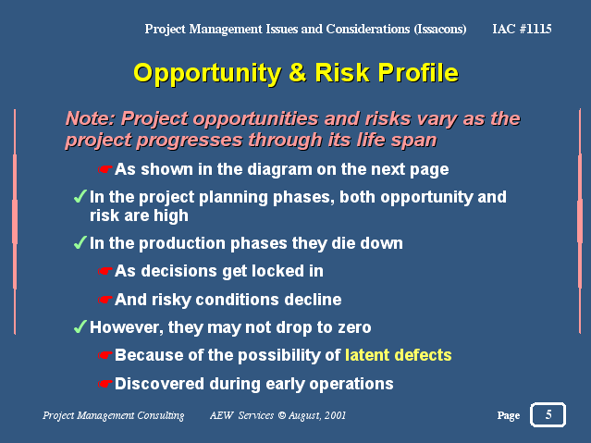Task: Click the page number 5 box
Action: pyautogui.click(x=548, y=414)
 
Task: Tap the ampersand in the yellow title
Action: pyautogui.click(x=298, y=72)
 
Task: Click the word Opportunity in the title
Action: pyautogui.click(x=207, y=74)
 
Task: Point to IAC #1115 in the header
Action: pyautogui.click(x=522, y=29)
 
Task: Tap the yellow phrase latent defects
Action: pyautogui.click(x=399, y=355)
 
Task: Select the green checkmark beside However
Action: pyautogui.click(x=80, y=326)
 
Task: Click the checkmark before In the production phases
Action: pyautogui.click(x=80, y=243)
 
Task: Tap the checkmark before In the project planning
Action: pyautogui.click(x=80, y=196)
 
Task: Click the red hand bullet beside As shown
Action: pyautogui.click(x=105, y=169)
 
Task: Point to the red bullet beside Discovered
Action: pyautogui.click(x=105, y=384)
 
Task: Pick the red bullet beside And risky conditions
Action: pyautogui.click(x=105, y=300)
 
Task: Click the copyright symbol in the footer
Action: pyautogui.click(x=282, y=415)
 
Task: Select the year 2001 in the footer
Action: pyautogui.click(x=335, y=415)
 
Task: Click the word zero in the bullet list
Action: pyautogui.click(x=354, y=327)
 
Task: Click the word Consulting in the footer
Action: pyautogui.click(x=161, y=415)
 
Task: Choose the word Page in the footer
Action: pyautogui.click(x=509, y=415)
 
